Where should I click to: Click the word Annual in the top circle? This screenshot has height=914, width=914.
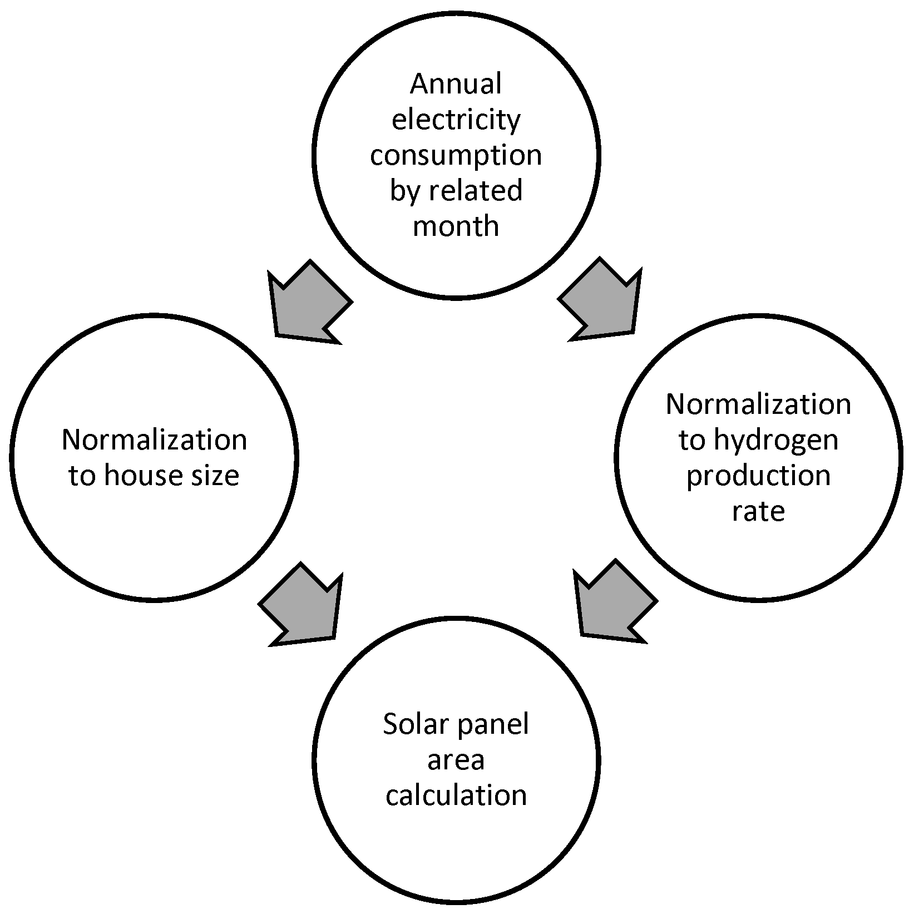tap(456, 85)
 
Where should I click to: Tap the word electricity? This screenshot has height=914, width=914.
tap(456, 120)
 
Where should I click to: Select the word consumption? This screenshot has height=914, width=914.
tap(456, 155)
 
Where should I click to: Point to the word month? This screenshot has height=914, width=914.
tap(456, 226)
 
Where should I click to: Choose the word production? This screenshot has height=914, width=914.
tap(758, 476)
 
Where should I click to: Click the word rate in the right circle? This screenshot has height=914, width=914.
tap(758, 511)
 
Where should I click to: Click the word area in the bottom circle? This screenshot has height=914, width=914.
tap(456, 759)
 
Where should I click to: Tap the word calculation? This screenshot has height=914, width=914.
tap(456, 795)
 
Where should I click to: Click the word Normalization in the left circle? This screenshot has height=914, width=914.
tap(154, 440)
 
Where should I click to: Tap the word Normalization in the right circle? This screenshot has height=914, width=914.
tap(758, 405)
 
